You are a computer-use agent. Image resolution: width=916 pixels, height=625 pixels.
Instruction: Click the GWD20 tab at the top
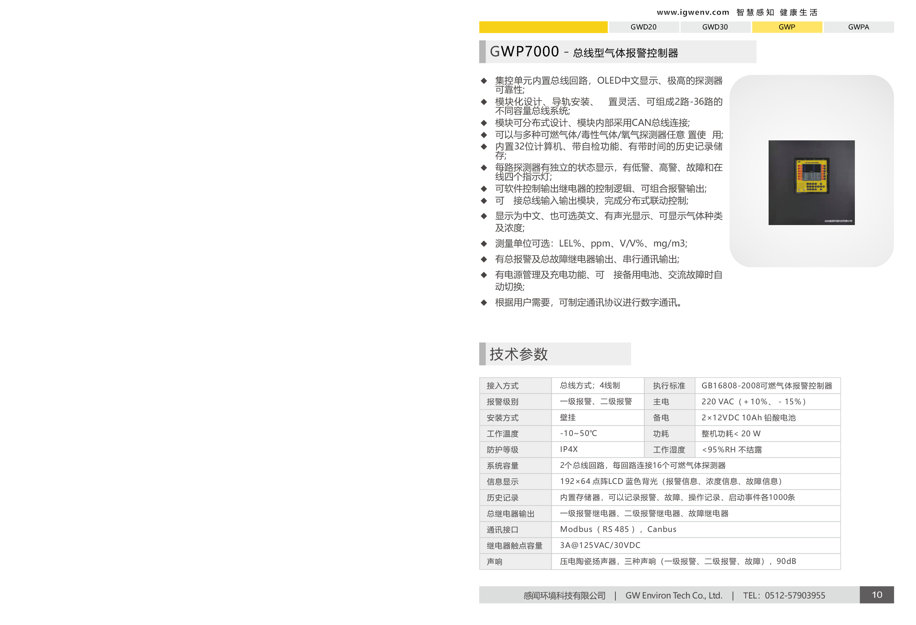(x=643, y=27)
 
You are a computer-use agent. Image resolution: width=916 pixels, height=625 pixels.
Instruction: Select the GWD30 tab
(x=715, y=27)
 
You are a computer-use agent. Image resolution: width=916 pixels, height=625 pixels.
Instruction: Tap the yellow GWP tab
(x=787, y=27)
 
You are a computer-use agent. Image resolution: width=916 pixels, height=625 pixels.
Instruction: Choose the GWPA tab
(x=858, y=27)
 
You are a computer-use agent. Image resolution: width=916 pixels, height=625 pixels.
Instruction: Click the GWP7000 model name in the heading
(x=524, y=52)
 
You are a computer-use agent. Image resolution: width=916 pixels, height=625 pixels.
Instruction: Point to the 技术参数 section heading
(x=518, y=354)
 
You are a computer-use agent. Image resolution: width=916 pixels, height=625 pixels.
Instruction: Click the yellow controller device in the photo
(x=812, y=176)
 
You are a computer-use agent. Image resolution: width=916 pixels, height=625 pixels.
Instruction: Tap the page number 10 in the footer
(x=877, y=595)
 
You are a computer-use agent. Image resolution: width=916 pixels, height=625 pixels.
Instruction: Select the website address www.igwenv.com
(x=693, y=12)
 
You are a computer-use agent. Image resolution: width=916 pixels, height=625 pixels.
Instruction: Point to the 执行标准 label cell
(x=669, y=385)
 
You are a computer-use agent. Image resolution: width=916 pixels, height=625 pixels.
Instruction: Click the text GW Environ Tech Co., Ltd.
(x=674, y=596)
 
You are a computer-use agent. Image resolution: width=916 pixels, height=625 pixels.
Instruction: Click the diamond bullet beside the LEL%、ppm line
(x=484, y=243)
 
